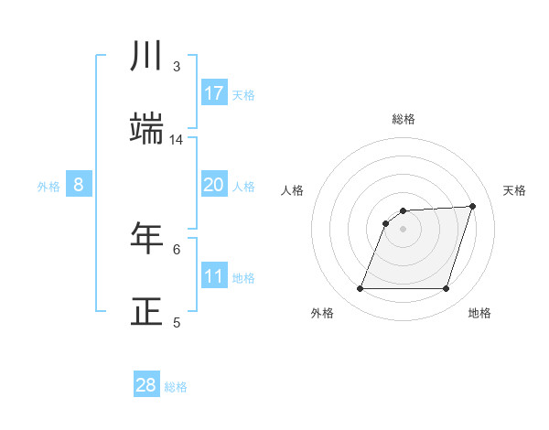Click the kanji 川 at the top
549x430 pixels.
pos(147,58)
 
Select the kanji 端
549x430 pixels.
pos(147,130)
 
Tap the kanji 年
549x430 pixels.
pos(147,239)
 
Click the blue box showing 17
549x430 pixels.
pos(214,93)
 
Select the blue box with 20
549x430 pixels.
pos(214,185)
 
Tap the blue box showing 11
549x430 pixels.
pos(214,276)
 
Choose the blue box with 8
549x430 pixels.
pos(79,185)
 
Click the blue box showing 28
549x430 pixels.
pos(146,385)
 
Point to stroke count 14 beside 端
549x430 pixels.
pos(177,140)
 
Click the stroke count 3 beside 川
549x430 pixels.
pos(177,67)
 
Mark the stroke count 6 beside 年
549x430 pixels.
pos(177,249)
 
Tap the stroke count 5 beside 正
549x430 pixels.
pos(177,321)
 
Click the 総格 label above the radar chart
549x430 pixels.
pos(404,119)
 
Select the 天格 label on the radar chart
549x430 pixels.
pos(515,190)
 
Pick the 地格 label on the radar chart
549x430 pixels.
pos(479,313)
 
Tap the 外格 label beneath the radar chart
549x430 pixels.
pos(322,313)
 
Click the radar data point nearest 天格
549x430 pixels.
pos(473,206)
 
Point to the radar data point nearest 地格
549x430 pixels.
pos(447,289)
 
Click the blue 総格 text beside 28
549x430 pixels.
pos(177,387)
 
